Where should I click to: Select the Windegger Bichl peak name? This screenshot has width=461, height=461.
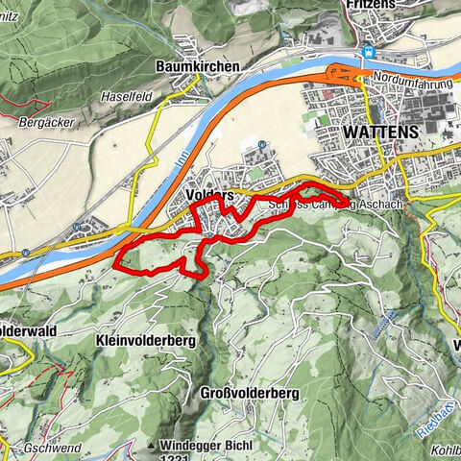pos(203,445)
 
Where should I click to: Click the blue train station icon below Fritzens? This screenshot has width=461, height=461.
pos(368,53)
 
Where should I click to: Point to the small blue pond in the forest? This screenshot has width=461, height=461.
pos(390,315)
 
